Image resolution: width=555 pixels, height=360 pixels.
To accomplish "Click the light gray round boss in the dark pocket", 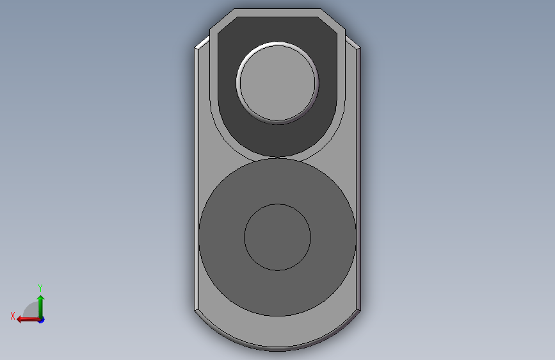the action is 278,83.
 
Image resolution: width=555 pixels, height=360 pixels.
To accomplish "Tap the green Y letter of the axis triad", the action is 40,288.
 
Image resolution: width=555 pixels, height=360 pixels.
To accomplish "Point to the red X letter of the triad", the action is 13,316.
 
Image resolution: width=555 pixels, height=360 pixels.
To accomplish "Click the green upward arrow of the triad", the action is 41,307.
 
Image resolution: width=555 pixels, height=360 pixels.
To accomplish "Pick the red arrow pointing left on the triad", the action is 29,320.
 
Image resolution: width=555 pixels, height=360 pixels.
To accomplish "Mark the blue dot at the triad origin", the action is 42,320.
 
